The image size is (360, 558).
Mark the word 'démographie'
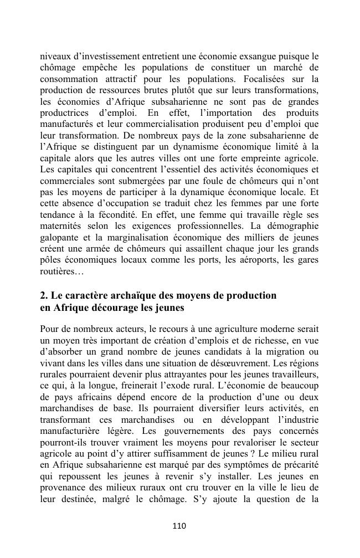tap(290, 226)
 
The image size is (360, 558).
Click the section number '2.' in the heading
tap(45, 295)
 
